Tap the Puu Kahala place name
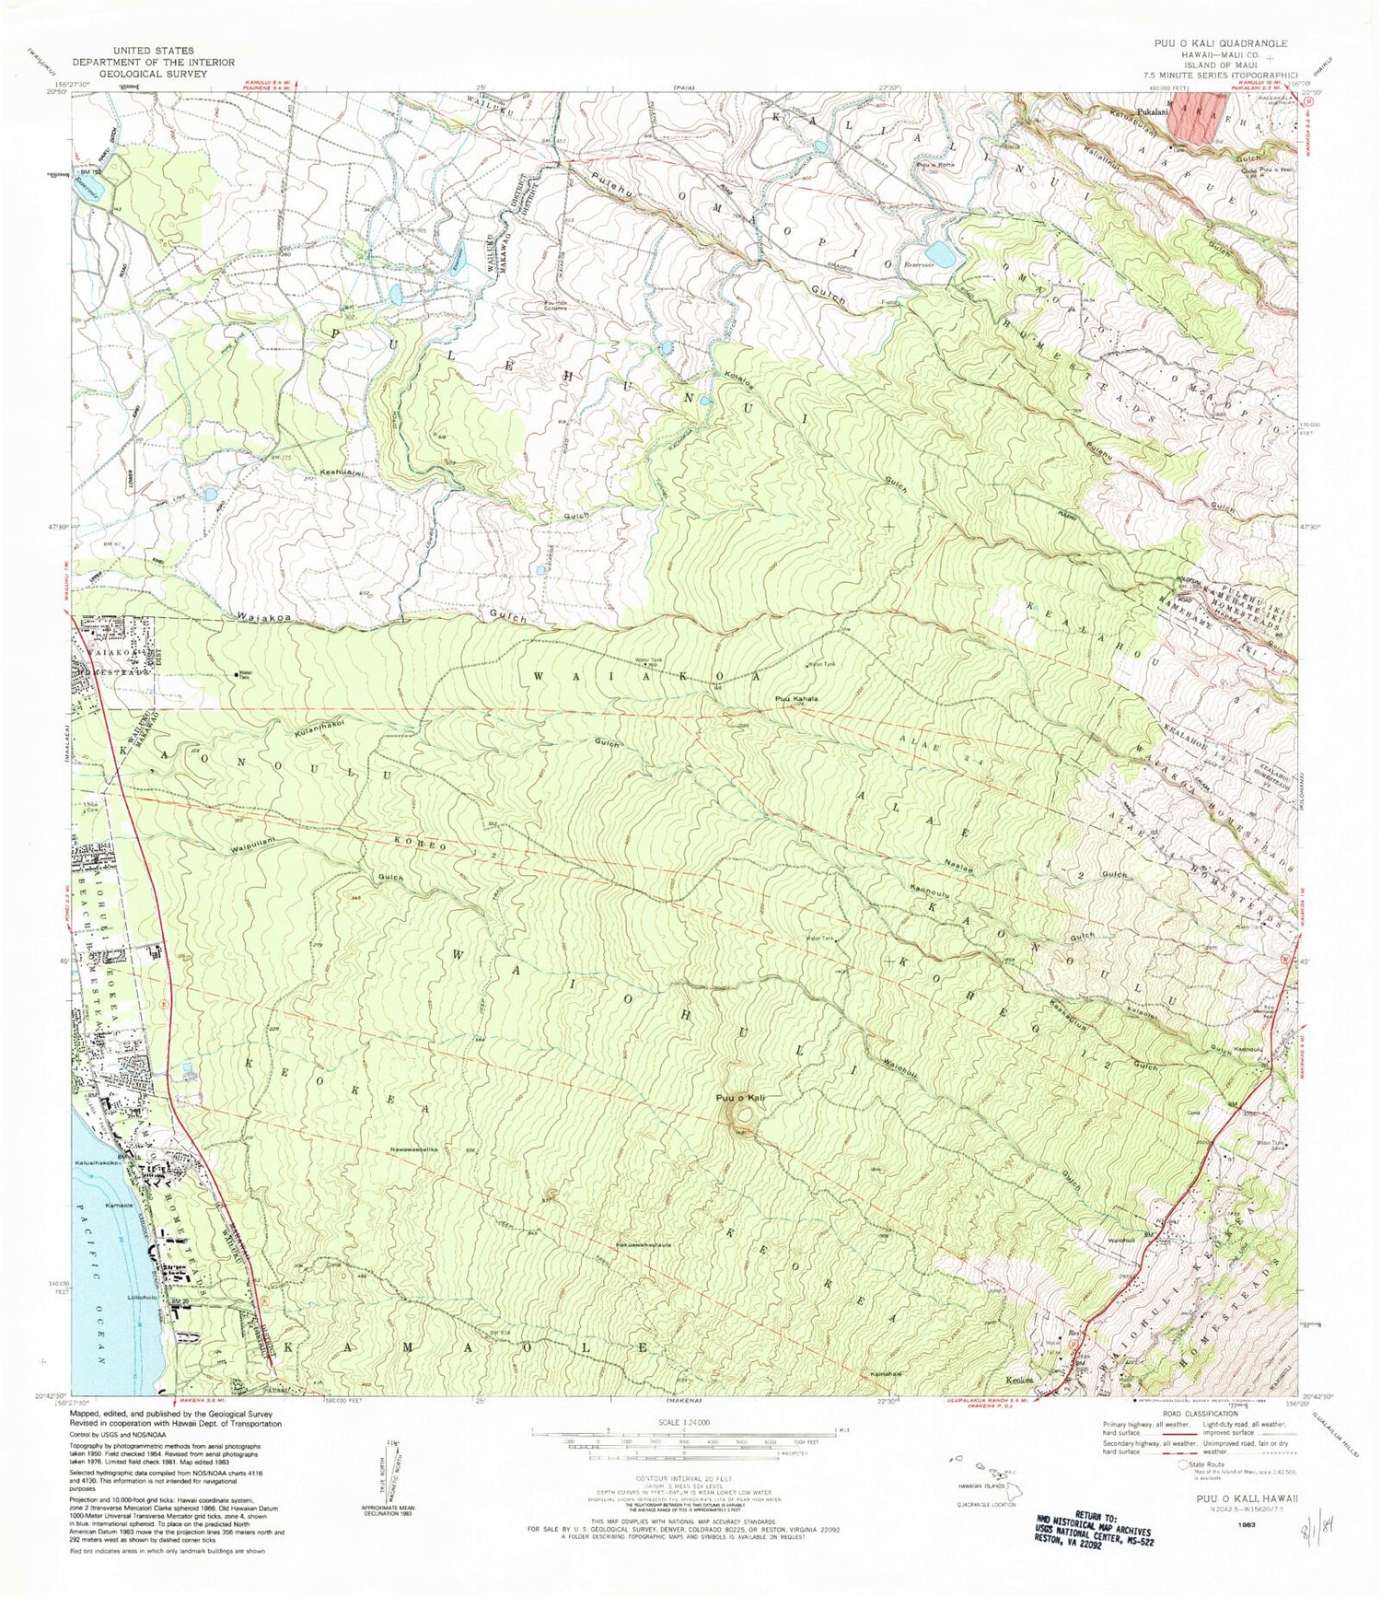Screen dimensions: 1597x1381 click(796, 699)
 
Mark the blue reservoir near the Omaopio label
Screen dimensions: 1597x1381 click(941, 252)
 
